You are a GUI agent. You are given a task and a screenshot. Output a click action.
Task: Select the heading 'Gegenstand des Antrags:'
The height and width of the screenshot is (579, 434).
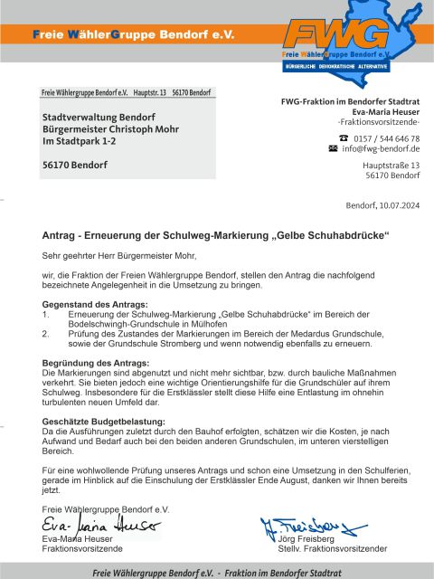(x=95, y=305)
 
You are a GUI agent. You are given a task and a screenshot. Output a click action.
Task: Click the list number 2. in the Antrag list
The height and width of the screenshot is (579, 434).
(x=46, y=333)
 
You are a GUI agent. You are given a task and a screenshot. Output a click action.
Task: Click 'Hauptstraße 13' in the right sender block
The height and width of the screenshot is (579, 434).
(x=391, y=166)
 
